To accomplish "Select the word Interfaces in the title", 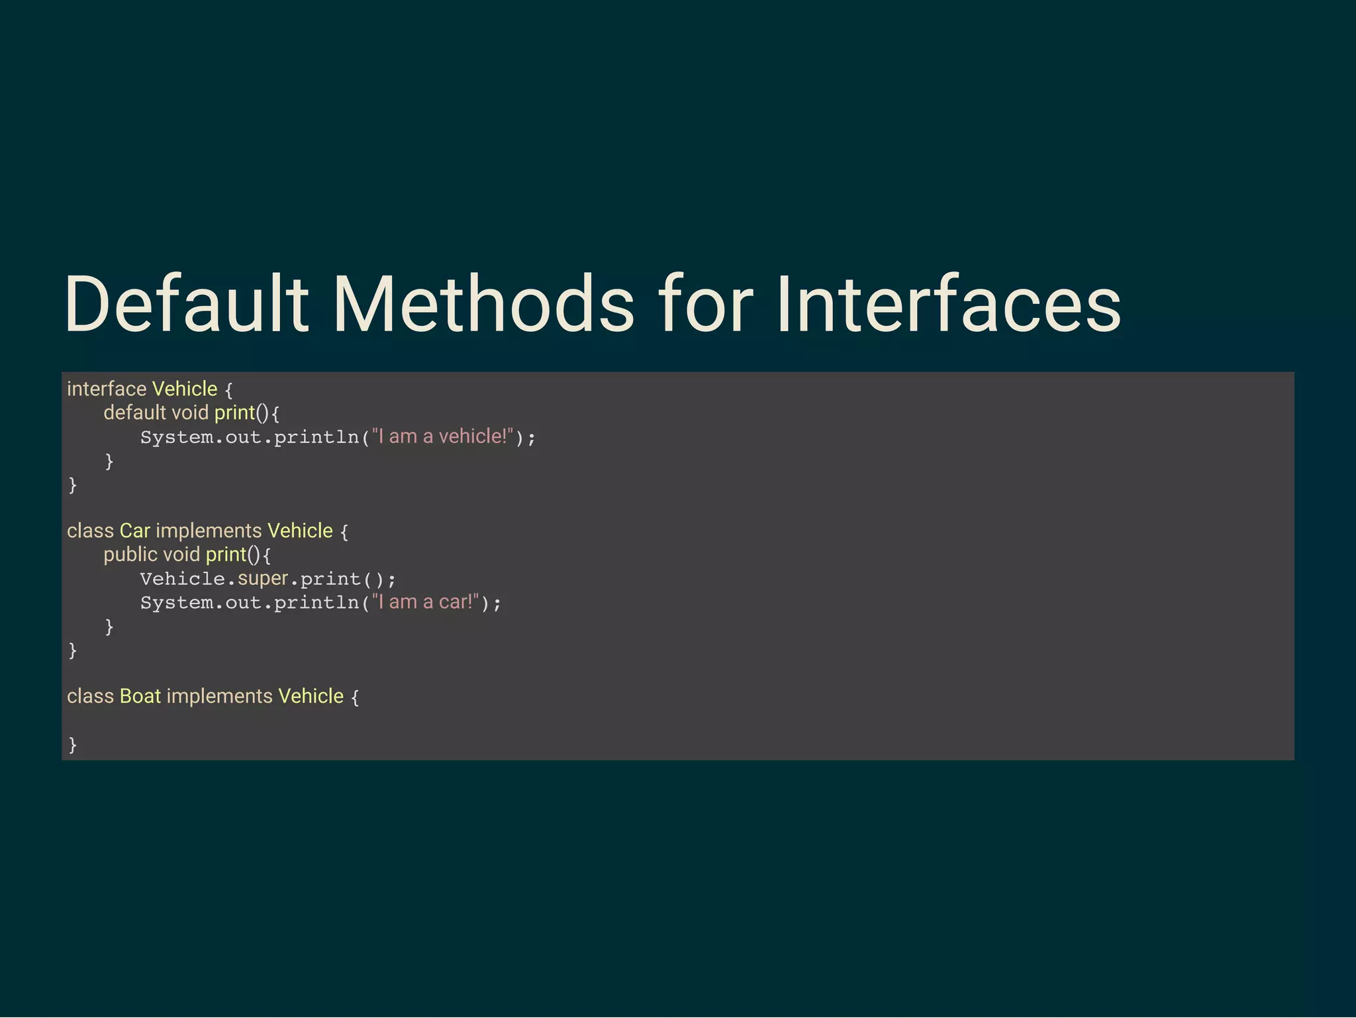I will click(948, 305).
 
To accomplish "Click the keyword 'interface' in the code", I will click(107, 389).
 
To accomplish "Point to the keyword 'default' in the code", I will click(134, 413).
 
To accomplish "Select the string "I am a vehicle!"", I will click(443, 436).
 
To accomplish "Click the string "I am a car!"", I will click(426, 602).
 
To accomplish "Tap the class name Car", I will click(135, 531).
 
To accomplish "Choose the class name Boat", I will click(140, 696).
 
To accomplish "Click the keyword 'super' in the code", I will click(263, 578).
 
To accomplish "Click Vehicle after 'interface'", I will click(185, 389).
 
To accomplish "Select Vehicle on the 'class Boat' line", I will click(311, 696).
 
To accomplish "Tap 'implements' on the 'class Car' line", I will click(209, 531).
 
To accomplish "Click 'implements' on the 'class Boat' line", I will click(219, 696).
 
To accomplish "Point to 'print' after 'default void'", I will click(234, 413).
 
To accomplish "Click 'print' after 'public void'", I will click(226, 554).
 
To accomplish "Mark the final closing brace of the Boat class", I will click(73, 744).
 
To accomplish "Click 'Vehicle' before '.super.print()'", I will click(183, 579).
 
